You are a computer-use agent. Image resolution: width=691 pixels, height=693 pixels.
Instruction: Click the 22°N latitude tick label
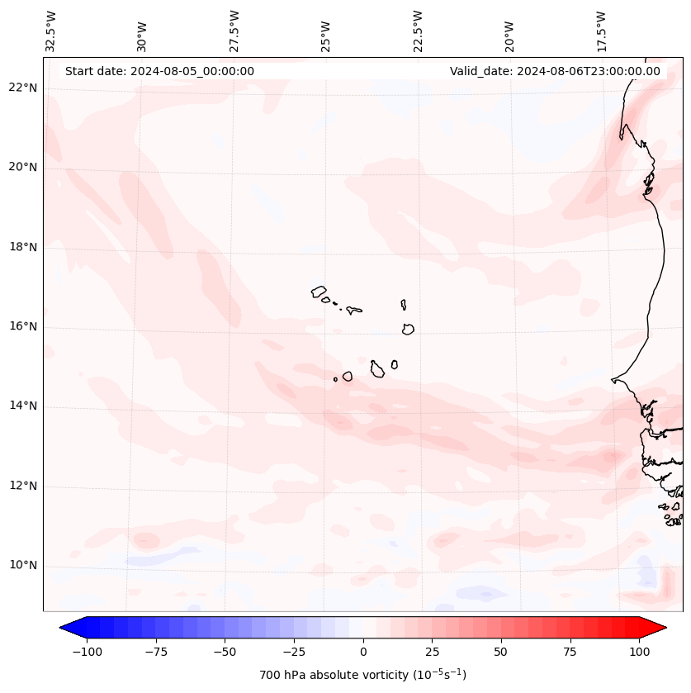(x=23, y=88)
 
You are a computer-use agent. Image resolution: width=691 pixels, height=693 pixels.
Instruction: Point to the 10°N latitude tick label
(x=23, y=566)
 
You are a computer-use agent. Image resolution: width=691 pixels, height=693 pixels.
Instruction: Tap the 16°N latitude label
(x=23, y=327)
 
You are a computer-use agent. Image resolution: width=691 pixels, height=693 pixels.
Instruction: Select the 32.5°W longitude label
(x=51, y=31)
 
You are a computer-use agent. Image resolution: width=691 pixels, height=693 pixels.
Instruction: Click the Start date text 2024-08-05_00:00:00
(x=159, y=71)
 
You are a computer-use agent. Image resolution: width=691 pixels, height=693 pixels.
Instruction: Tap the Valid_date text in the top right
(x=555, y=71)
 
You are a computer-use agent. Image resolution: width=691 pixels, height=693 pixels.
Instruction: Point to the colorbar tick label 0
(x=363, y=652)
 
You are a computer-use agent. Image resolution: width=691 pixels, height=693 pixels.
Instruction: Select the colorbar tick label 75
(x=570, y=652)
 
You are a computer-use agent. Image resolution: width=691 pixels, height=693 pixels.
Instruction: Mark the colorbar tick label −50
(x=225, y=652)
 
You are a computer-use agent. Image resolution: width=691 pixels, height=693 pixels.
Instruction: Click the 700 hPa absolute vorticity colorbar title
(x=362, y=676)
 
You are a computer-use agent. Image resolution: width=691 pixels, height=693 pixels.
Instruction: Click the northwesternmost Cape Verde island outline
(x=319, y=292)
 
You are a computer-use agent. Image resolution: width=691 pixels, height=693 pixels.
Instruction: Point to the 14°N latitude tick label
(x=23, y=406)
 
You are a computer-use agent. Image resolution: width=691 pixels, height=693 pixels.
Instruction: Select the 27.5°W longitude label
(x=234, y=31)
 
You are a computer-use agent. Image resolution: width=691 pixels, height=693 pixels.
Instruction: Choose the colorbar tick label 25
(x=432, y=652)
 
